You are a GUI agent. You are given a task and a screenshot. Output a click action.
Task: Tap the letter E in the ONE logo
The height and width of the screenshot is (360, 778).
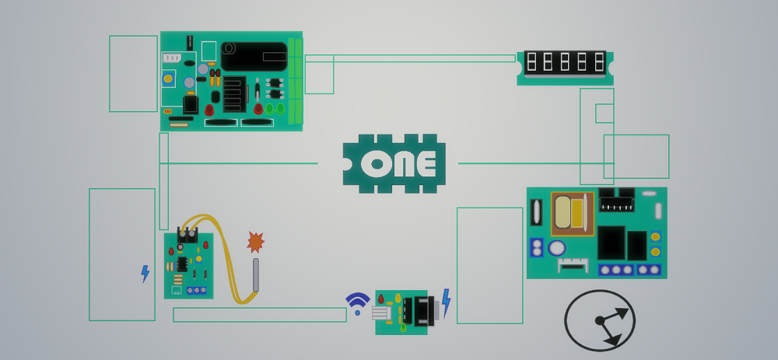click(x=426, y=164)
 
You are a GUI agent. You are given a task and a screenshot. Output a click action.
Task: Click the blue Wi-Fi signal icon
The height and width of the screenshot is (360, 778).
click(x=357, y=302)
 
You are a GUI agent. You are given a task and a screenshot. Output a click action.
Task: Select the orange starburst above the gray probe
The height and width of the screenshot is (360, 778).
click(x=255, y=242)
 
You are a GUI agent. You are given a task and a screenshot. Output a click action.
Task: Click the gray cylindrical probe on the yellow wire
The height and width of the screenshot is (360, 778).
click(x=255, y=274)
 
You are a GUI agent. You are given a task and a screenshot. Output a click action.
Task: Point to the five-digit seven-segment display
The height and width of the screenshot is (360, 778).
click(x=565, y=62)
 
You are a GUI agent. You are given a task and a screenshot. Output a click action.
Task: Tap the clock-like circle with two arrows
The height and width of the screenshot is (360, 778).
click(x=600, y=320)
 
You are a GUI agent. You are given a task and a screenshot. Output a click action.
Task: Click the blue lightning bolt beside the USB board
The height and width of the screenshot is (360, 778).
click(x=446, y=301)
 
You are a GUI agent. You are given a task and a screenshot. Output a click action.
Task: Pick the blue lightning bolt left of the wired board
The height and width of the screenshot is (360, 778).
click(x=145, y=273)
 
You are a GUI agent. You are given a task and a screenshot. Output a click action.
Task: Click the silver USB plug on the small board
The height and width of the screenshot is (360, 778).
click(x=381, y=313)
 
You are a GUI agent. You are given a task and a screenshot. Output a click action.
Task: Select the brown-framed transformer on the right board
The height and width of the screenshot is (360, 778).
click(x=572, y=213)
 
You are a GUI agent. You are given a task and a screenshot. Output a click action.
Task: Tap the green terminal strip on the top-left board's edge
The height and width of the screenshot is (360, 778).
click(x=295, y=81)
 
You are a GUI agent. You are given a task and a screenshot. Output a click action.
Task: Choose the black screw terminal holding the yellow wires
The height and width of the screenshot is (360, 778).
click(x=187, y=235)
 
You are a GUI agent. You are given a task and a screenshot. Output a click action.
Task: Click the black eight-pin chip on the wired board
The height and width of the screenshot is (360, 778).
click(x=181, y=264)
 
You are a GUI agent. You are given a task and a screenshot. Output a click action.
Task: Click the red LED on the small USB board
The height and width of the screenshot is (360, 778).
click(x=380, y=299)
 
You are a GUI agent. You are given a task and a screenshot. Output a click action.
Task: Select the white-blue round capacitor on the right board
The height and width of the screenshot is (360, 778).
click(x=556, y=248)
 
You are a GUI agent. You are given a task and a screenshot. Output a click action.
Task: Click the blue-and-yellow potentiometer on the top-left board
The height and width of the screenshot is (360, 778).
click(x=168, y=79)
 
